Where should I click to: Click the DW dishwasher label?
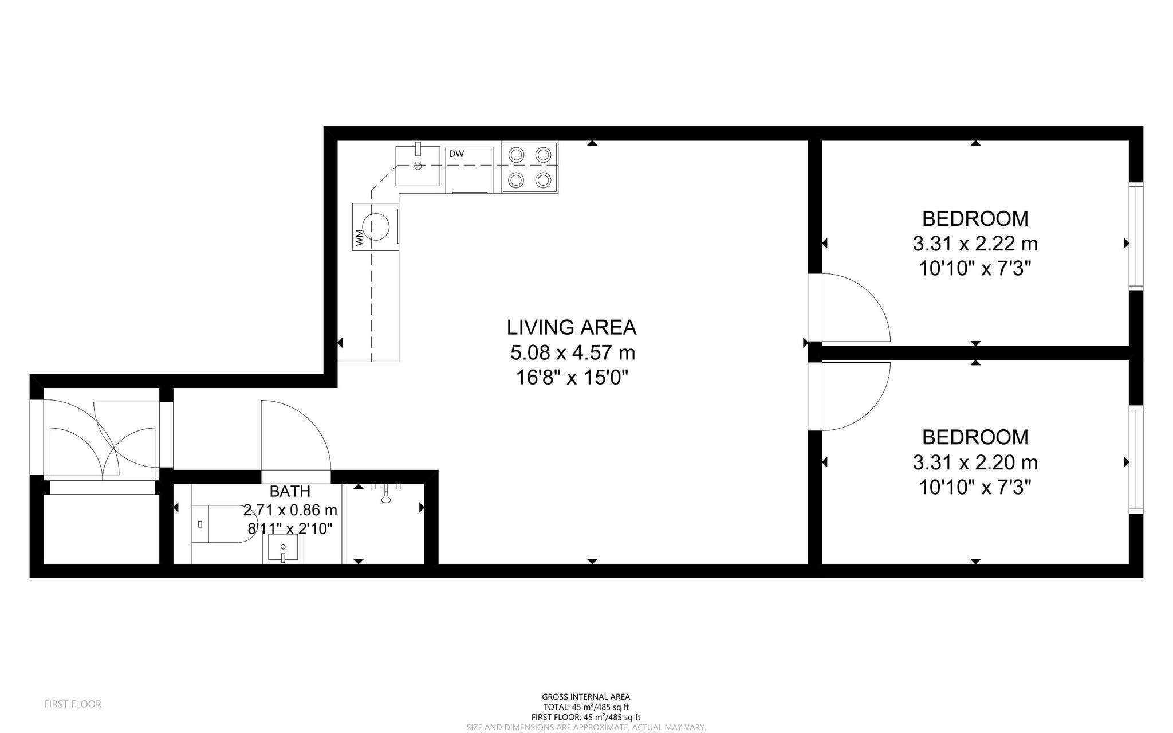[x=456, y=154]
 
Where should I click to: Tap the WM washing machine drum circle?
[x=377, y=226]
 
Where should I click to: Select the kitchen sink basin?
[x=418, y=166]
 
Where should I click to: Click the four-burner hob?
[x=530, y=167]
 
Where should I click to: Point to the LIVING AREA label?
[x=572, y=327]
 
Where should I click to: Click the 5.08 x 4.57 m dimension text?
[x=573, y=352]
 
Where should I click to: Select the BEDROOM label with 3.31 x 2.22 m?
[x=975, y=218]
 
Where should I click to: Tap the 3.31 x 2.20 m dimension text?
[x=975, y=462]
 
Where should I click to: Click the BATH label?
[x=290, y=491]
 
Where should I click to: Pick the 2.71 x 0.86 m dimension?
[x=290, y=509]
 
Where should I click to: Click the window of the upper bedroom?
[x=1136, y=236]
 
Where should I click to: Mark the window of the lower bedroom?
[x=1136, y=460]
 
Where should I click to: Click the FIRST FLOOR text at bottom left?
[x=73, y=704]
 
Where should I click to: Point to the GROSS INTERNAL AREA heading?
[x=586, y=697]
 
